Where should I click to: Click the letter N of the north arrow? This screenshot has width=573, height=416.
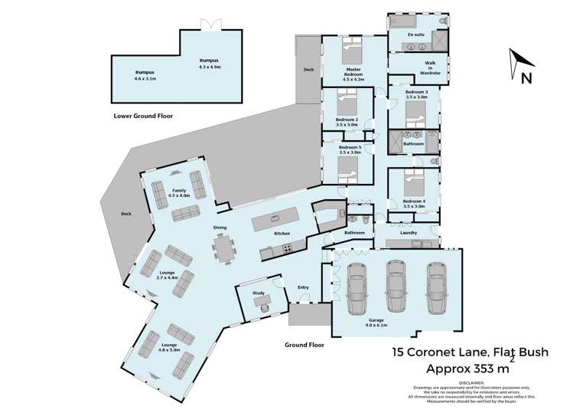pos(526,77)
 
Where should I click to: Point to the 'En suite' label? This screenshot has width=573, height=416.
pos(415,35)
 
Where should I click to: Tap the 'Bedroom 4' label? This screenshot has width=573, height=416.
pos(414,204)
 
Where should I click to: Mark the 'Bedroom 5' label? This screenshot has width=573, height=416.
pos(350,149)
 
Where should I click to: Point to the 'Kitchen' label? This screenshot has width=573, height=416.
pos(282,233)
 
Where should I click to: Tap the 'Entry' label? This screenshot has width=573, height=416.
pos(304,287)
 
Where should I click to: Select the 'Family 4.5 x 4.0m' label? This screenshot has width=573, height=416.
pos(179,192)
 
